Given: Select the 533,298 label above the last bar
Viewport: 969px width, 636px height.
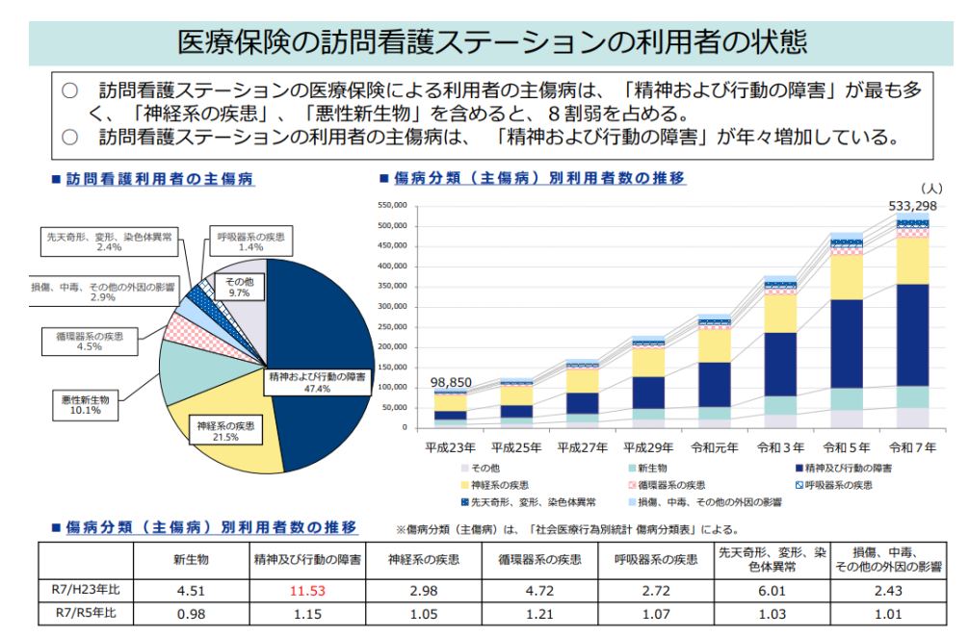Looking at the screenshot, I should point(912,206).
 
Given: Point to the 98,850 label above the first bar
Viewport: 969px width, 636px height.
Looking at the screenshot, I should point(449,382).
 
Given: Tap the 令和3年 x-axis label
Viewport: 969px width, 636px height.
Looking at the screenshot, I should point(781,447).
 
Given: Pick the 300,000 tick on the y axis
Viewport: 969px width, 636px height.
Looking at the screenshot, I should point(395,307).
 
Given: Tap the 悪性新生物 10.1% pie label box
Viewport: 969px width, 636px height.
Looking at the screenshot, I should point(86,404).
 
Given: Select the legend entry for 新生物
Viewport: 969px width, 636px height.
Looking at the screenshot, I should point(654,468).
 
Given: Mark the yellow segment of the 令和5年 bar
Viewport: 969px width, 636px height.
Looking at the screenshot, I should point(846,277).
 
